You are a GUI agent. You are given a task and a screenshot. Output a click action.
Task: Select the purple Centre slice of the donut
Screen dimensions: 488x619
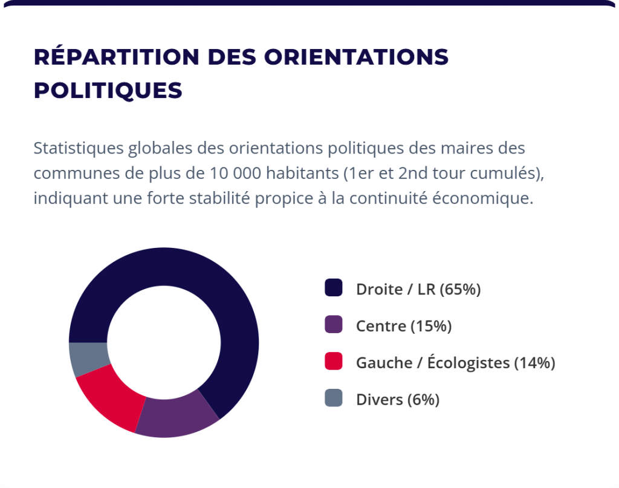177,417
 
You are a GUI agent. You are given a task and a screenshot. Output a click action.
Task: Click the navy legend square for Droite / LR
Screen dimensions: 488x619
334,288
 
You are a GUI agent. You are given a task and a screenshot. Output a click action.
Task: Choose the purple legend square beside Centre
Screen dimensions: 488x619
334,325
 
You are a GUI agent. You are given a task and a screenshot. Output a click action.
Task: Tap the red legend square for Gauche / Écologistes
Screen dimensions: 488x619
334,362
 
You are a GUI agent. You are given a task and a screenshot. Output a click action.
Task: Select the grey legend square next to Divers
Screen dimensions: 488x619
334,399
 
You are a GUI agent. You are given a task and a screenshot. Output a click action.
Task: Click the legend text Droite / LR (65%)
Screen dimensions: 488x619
418,290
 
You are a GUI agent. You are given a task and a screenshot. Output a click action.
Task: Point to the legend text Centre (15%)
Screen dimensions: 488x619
404,327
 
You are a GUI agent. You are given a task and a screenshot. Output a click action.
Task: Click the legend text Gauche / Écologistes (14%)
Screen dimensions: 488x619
455,363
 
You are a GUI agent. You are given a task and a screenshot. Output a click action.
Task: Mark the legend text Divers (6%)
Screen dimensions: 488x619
398,400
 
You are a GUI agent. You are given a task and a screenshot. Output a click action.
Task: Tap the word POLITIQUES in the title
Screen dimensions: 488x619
108,91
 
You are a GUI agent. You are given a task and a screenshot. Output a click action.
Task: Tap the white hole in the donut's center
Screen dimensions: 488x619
163,342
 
